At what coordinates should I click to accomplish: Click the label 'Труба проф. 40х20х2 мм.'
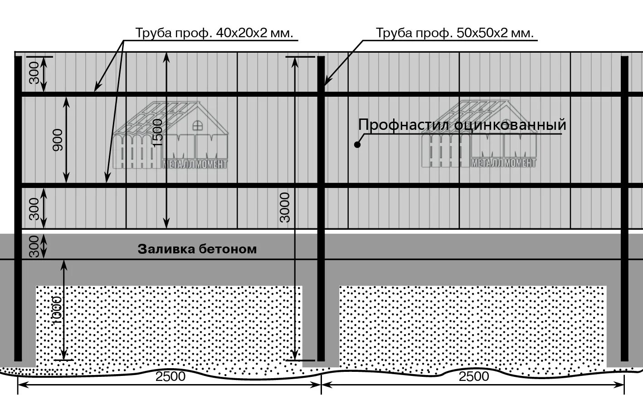(x=214, y=33)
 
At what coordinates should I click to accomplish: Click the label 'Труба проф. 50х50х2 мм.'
(x=454, y=33)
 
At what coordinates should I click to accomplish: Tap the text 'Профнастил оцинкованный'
(x=463, y=124)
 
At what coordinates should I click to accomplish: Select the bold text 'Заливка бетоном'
(x=197, y=249)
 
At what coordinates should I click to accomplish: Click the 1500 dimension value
(x=157, y=133)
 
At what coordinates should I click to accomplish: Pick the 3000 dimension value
(x=285, y=207)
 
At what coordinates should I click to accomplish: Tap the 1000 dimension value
(x=57, y=311)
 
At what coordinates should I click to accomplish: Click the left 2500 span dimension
(x=170, y=377)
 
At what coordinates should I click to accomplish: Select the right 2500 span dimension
(x=474, y=377)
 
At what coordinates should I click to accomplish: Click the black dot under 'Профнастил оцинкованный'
(x=357, y=145)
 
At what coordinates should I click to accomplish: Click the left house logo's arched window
(x=198, y=124)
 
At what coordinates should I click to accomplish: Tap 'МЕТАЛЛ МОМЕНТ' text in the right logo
(x=504, y=163)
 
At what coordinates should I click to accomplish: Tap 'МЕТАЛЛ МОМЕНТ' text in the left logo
(x=195, y=164)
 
